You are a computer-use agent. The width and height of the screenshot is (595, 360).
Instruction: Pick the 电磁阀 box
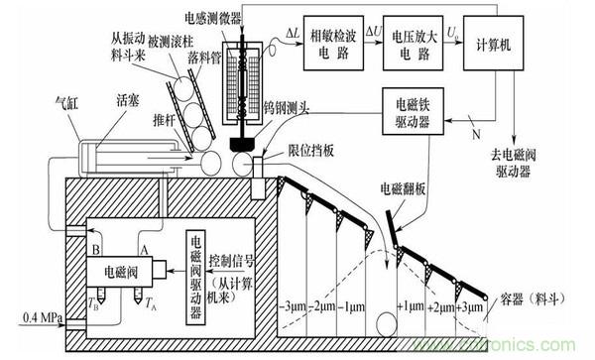point(110,269)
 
